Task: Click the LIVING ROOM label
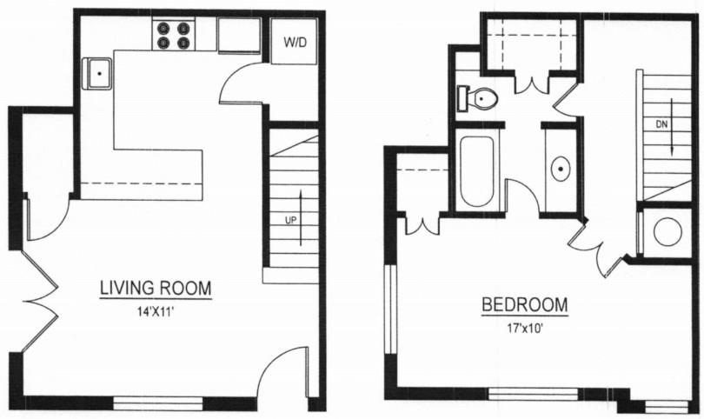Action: (156, 288)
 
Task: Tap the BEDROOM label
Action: (525, 305)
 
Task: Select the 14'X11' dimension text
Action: (156, 309)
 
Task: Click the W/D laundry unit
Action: (294, 42)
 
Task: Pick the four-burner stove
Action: (172, 35)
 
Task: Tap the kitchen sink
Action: (99, 74)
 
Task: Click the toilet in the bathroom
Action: (479, 99)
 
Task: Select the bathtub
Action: (476, 170)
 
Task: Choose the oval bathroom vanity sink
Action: (561, 168)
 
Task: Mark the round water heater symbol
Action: (667, 231)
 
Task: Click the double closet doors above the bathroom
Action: (532, 83)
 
